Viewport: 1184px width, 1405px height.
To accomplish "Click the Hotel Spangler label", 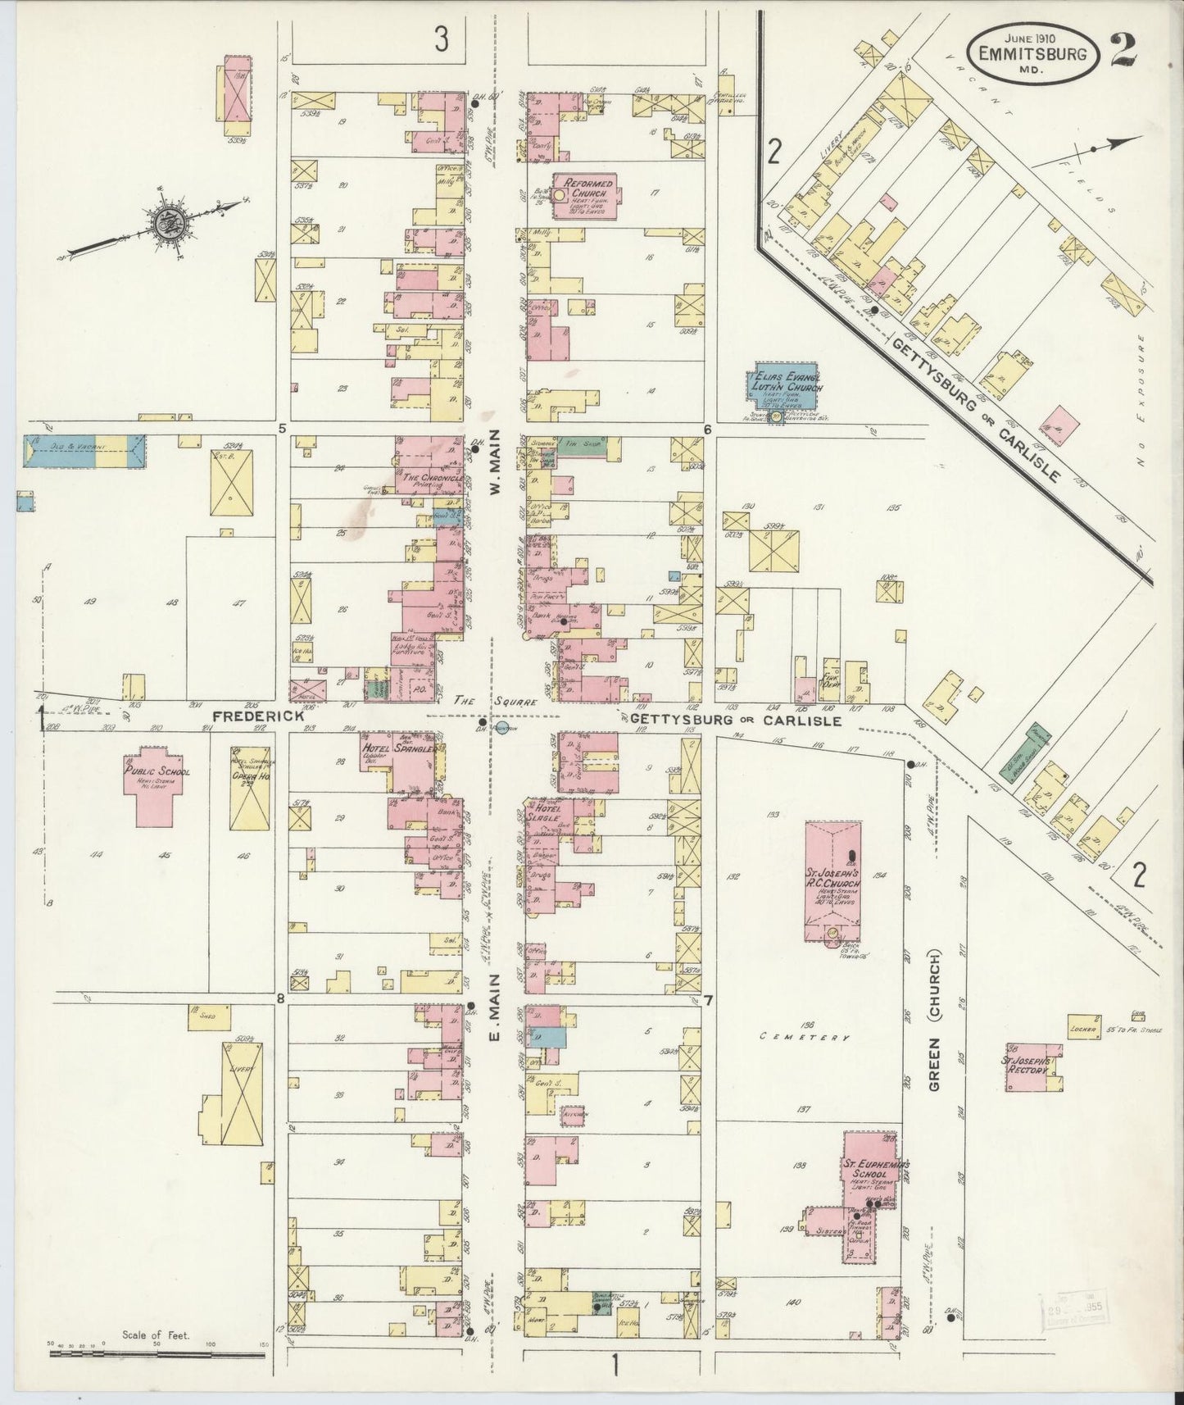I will [397, 747].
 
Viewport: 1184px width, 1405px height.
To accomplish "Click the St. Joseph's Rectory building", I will [1034, 1067].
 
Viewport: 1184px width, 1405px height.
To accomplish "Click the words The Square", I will [495, 702].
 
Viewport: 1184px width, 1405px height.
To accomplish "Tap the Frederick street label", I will [258, 716].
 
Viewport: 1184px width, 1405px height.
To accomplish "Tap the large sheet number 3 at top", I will [442, 39].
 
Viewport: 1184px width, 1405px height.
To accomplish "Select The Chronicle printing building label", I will [433, 478].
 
